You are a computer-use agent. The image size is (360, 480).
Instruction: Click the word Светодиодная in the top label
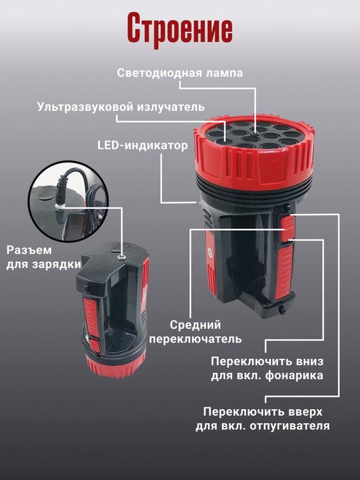[159, 73]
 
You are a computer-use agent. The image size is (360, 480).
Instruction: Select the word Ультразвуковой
[85, 107]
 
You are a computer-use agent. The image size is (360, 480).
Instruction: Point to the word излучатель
[171, 107]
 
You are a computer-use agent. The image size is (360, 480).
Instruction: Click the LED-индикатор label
[142, 145]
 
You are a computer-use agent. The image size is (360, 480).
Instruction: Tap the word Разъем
[29, 250]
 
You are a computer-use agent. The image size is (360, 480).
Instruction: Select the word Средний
[195, 325]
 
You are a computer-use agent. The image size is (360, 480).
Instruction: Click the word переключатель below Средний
[195, 339]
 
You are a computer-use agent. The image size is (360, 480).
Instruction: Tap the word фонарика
[294, 375]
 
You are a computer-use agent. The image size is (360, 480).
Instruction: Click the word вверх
[304, 412]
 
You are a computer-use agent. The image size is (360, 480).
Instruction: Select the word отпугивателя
[289, 426]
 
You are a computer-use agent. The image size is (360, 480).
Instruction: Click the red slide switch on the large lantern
[288, 229]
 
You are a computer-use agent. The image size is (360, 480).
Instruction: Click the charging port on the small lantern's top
[122, 255]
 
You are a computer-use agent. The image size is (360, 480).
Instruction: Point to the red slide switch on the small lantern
[94, 345]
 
